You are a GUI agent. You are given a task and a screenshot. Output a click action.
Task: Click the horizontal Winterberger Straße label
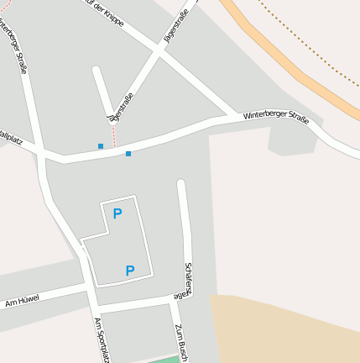coord(276,118)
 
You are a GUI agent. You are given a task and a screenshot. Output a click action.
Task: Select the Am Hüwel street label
coord(23,300)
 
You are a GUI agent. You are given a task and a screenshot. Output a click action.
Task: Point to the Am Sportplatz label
coord(102,340)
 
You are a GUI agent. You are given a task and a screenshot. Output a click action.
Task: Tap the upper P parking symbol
coord(117,213)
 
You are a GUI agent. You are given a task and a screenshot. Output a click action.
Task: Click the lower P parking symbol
coord(130,271)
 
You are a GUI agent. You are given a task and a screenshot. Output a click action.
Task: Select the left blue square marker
coord(101,146)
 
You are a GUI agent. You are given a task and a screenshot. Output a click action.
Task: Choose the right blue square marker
coord(128,154)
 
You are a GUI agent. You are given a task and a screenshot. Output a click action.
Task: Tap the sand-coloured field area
coord(285,328)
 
